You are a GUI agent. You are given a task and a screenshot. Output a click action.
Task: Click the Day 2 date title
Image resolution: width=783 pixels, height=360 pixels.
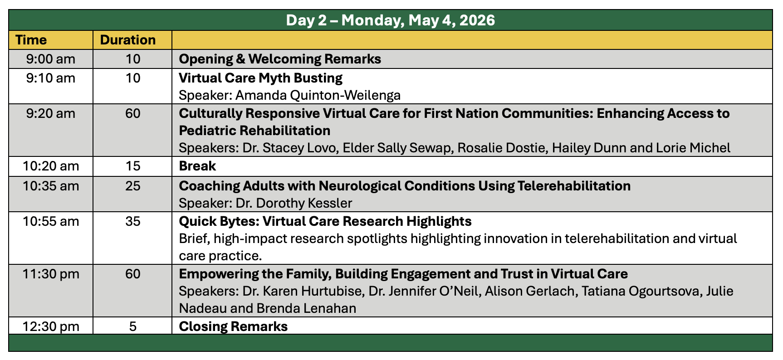click(390, 20)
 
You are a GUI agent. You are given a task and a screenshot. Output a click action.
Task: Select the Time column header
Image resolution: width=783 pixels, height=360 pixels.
click(31, 40)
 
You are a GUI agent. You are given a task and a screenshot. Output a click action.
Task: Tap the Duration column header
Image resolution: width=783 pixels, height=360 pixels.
click(127, 40)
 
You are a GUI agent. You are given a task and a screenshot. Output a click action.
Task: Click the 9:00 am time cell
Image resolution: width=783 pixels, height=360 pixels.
click(50, 59)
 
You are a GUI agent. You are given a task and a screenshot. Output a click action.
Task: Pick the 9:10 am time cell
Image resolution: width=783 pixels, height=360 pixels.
click(50, 78)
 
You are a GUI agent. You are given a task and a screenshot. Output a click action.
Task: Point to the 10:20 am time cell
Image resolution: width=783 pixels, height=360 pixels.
click(50, 166)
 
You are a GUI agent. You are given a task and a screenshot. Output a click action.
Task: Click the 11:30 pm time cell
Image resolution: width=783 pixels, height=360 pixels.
click(50, 274)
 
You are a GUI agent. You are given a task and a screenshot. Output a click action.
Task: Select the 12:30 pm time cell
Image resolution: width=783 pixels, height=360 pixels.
click(50, 326)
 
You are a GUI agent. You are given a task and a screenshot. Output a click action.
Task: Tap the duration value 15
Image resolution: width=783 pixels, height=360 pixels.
click(132, 166)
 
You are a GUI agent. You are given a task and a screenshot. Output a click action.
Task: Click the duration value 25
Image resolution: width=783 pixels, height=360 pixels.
click(132, 186)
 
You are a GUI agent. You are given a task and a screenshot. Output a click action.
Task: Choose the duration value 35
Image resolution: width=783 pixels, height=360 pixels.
click(132, 221)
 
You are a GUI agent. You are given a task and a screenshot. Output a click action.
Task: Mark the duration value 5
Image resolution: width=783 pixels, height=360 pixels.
click(132, 326)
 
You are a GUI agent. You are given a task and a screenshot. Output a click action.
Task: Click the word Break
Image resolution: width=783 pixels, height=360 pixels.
click(197, 166)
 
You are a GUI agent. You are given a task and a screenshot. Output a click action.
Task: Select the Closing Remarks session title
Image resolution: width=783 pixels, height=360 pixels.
click(233, 326)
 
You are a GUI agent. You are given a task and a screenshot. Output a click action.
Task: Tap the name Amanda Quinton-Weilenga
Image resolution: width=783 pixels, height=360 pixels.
click(318, 95)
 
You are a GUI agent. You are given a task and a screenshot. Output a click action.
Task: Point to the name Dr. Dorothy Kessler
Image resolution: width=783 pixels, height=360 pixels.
click(294, 203)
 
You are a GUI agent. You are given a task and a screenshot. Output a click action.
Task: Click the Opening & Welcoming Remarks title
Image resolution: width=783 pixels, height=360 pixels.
click(280, 59)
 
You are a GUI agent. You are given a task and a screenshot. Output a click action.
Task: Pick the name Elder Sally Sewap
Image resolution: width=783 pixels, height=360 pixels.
click(398, 148)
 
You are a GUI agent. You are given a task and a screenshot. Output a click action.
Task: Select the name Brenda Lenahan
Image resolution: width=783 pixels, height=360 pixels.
click(306, 308)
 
